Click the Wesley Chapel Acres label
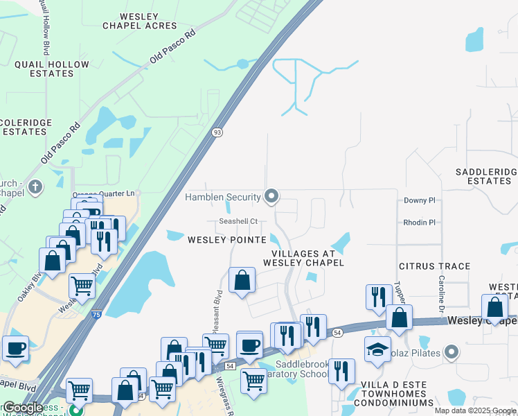[140, 21]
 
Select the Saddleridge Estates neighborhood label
[485, 176]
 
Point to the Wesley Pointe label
[227, 240]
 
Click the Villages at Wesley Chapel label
[303, 258]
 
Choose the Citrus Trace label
[434, 266]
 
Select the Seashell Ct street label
[238, 222]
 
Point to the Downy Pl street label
[420, 200]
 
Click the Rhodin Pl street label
[419, 223]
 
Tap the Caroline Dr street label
[440, 291]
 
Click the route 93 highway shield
[217, 132]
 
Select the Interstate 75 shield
[96, 315]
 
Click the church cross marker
[36, 186]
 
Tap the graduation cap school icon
[377, 349]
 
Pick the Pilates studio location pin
[452, 353]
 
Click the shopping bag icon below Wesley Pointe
[242, 280]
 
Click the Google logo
[23, 408]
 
